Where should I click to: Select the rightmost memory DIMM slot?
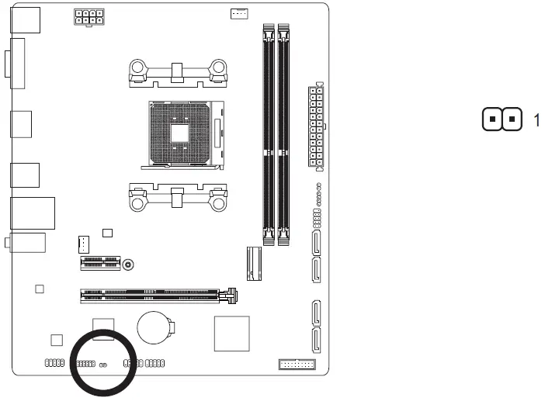tap(283, 132)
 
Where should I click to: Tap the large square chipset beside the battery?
tap(231, 334)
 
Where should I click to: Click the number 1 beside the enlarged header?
tap(536, 120)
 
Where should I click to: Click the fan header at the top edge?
tap(240, 13)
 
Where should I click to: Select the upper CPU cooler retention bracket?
tap(179, 72)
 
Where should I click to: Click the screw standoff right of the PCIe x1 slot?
tap(130, 264)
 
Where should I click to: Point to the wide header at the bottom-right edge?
tap(296, 364)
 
